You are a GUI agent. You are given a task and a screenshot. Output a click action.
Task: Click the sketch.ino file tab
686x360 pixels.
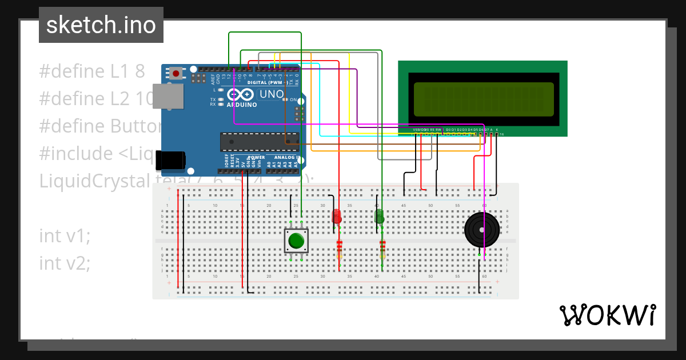point(101,25)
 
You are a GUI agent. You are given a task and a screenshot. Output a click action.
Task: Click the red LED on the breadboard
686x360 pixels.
point(337,217)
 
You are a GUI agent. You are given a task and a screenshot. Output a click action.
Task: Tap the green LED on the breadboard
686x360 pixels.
point(379,216)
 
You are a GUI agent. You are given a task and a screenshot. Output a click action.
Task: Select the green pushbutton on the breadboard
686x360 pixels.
point(296,241)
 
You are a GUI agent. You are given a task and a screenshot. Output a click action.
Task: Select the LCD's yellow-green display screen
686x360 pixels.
point(483,98)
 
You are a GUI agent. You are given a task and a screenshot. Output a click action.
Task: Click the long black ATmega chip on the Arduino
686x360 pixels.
point(260,141)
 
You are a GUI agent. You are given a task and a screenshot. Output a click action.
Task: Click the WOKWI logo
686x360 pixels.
point(607,315)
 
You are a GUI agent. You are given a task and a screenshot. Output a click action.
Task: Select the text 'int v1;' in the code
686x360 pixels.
point(65,235)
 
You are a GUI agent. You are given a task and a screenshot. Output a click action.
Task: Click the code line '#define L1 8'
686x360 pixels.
point(91,71)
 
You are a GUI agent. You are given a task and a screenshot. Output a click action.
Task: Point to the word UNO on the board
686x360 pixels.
point(272,94)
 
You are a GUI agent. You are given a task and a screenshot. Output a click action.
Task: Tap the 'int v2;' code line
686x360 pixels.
point(65,263)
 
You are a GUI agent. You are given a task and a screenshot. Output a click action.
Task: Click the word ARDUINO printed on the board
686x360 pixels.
point(242,105)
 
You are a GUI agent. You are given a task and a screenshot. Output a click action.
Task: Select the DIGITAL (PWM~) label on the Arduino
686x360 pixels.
point(268,82)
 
